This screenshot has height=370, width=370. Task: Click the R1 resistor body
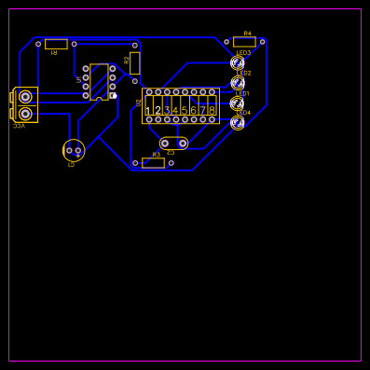56,44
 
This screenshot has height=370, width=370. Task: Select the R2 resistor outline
135,63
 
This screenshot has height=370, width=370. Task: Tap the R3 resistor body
153,163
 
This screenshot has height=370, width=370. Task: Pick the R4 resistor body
244,42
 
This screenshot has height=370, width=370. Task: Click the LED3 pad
238,62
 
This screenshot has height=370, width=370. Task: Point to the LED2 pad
238,83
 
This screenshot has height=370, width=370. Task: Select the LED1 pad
238,103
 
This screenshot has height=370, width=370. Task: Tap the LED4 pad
238,123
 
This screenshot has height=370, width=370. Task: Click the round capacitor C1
74,150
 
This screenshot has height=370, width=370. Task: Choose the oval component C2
174,144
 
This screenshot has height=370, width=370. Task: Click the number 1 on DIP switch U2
148,111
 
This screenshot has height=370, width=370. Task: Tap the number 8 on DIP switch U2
212,111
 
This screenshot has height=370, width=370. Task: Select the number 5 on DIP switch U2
185,111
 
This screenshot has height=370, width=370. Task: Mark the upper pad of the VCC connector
25,97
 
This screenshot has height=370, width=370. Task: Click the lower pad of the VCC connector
25,114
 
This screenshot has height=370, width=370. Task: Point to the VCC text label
19,126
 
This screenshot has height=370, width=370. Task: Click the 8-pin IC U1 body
99,82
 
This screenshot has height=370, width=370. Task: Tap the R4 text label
247,34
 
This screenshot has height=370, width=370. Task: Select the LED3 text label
244,53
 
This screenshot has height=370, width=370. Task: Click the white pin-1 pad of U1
113,95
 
